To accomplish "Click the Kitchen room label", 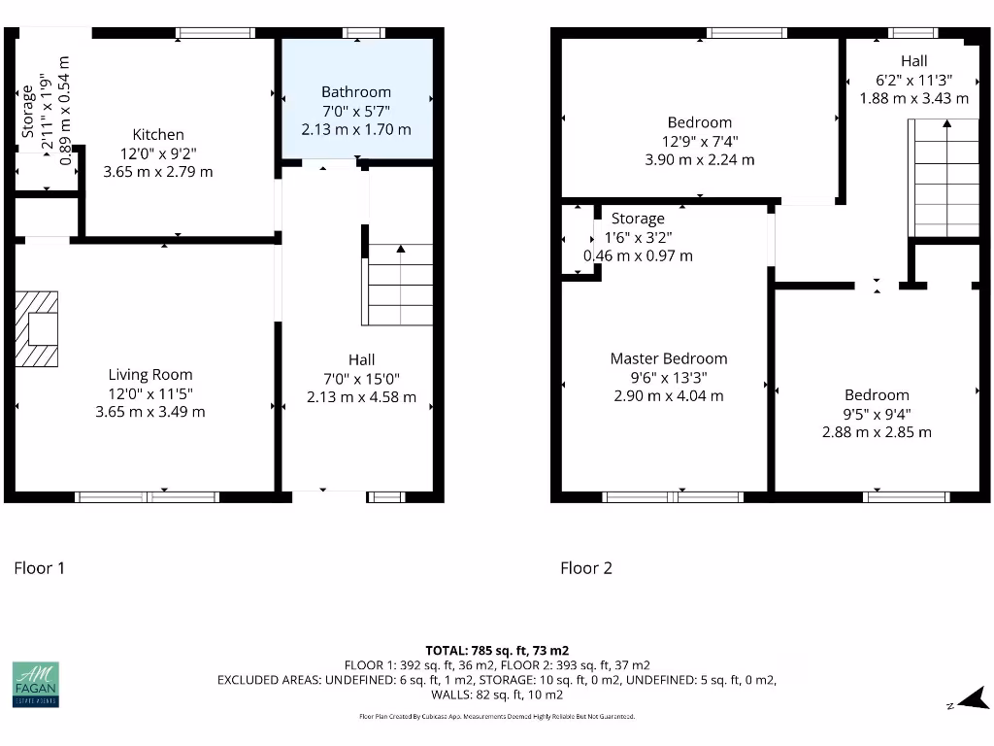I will tap(158, 135).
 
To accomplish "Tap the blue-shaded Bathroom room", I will tap(356, 97).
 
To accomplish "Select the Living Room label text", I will tap(149, 375).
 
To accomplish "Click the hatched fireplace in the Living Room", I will tap(37, 329).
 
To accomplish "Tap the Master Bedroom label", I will tap(669, 358).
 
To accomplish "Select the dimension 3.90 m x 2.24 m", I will tap(699, 160).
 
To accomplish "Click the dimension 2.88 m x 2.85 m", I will tap(877, 431).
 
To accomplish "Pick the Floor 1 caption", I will tap(39, 568).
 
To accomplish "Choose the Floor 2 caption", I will tap(586, 568).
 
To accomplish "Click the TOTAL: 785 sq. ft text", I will tap(497, 650).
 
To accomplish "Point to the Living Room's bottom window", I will tap(148, 497).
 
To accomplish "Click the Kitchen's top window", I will tap(215, 33).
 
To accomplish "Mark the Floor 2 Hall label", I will tap(913, 61).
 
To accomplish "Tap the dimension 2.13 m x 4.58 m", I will tap(361, 396).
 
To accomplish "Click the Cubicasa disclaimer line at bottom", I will tap(497, 717).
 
